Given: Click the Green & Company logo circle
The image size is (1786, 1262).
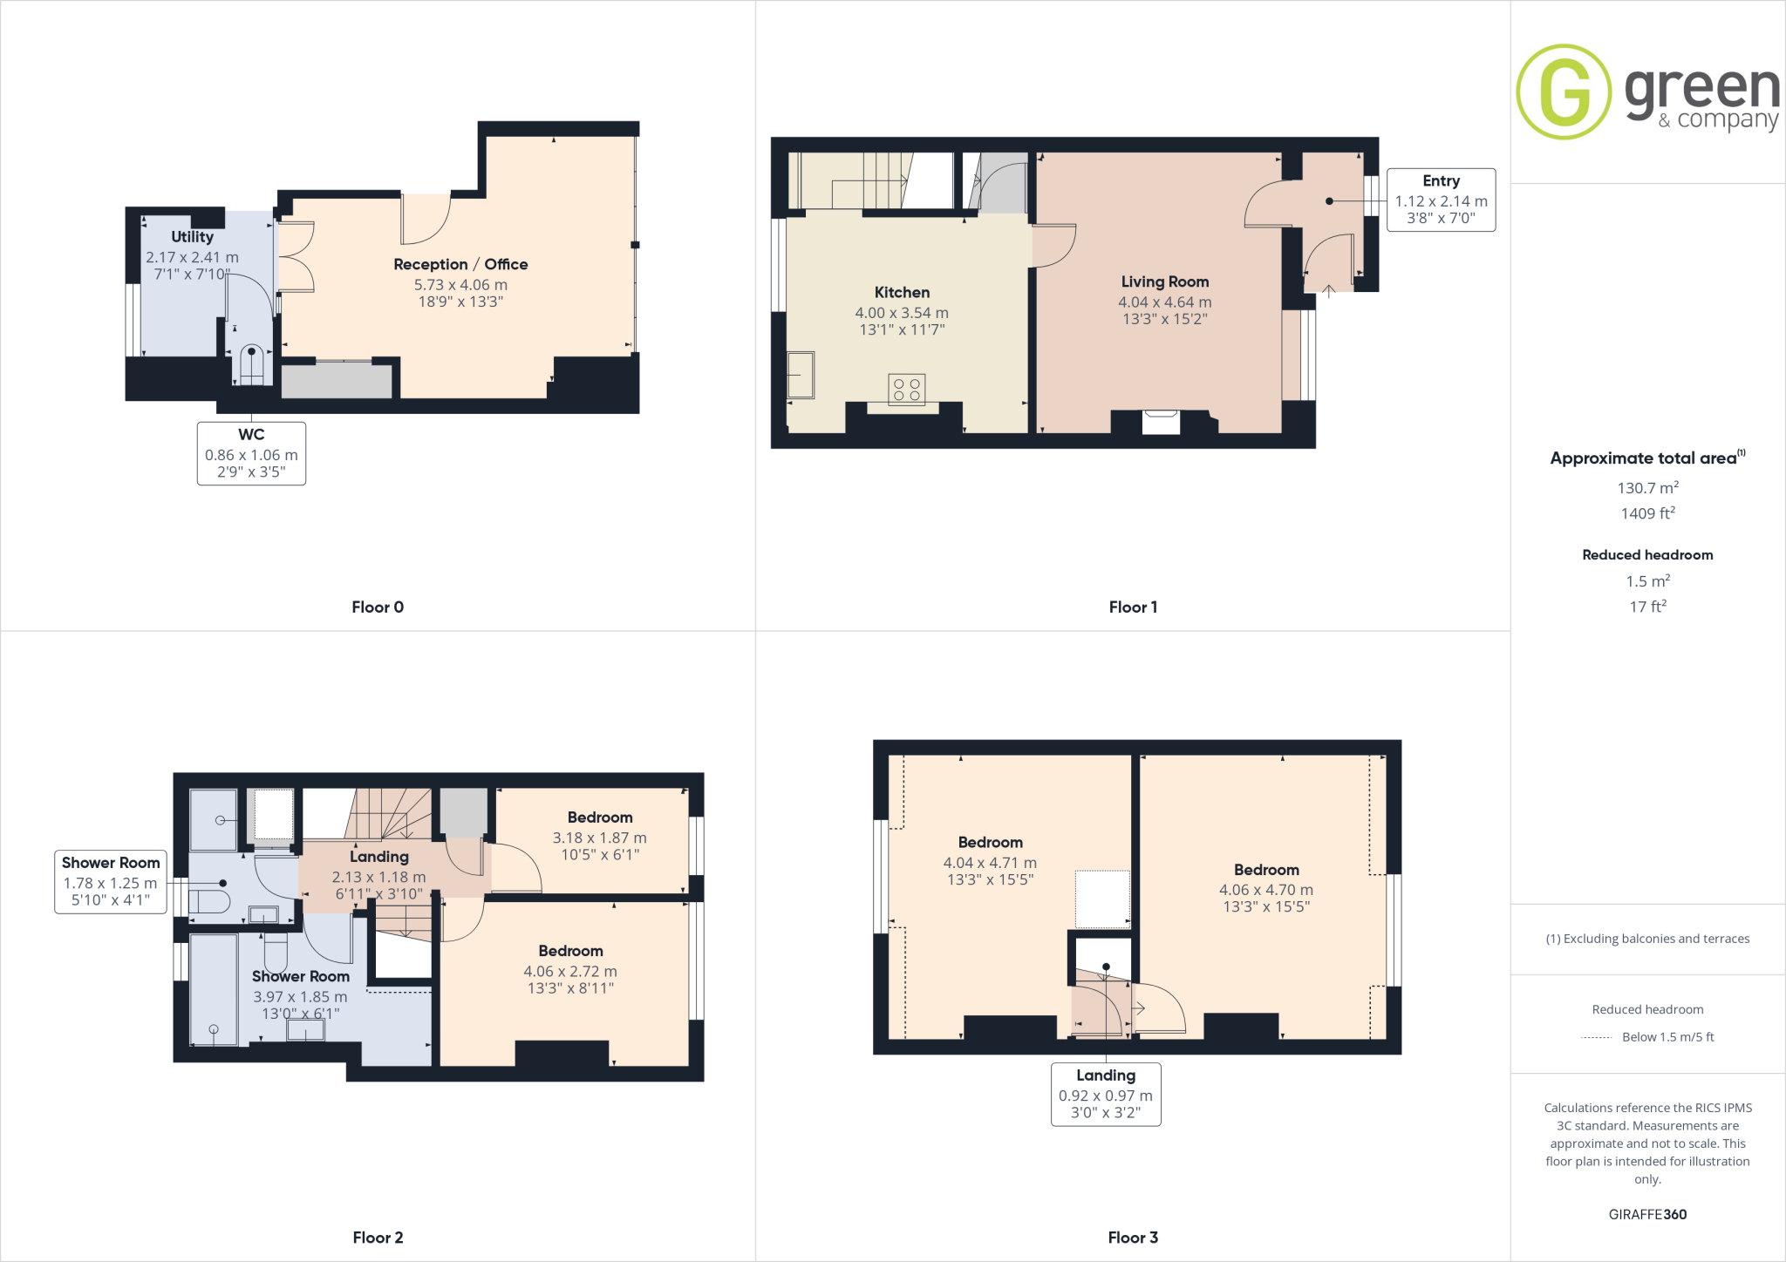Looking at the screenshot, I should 1564,92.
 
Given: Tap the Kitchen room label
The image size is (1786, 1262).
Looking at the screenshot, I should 902,293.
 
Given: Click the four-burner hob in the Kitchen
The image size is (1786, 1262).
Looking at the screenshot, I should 906,390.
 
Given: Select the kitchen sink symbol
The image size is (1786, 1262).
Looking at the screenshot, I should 800,375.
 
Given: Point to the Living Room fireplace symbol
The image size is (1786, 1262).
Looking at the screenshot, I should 1161,422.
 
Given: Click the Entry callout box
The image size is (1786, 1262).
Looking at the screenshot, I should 1441,200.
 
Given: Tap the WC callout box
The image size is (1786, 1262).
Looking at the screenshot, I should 251,453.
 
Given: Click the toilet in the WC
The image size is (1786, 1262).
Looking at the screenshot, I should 251,365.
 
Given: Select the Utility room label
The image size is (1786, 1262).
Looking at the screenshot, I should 192,237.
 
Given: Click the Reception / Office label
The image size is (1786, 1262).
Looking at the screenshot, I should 460,264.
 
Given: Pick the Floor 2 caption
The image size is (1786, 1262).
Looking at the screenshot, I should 378,1238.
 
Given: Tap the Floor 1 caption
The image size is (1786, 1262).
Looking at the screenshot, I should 1133,607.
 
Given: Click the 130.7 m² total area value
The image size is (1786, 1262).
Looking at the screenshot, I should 1647,488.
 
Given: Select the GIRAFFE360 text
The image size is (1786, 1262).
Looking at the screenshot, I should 1647,1214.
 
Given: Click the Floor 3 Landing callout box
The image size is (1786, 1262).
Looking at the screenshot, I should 1106,1094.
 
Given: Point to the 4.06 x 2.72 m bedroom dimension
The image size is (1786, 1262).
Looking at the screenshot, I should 570,971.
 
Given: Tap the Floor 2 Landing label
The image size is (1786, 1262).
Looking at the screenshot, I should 378,857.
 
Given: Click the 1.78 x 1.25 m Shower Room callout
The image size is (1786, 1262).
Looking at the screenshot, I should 110,882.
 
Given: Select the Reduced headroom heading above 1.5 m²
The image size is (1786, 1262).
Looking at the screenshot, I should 1647,555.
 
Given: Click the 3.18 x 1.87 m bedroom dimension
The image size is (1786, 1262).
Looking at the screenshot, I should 599,838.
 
